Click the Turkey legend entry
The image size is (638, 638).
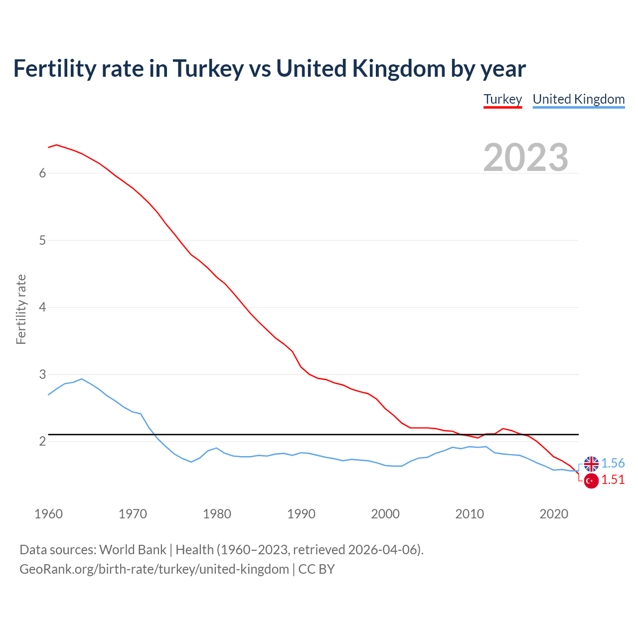pos(502,99)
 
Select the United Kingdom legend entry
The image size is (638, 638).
pos(578,99)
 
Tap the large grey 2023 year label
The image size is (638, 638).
pos(525,158)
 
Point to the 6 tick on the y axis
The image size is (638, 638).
pos(42,173)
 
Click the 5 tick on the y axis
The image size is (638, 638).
pos(42,240)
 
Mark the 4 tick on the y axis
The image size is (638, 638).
pos(42,307)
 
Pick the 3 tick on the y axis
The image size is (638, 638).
pos(42,374)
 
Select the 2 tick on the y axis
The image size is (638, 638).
pos(42,441)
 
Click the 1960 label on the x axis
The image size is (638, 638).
pos(48,514)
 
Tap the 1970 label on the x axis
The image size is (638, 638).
pos(133,514)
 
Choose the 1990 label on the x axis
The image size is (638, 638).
pos(301,514)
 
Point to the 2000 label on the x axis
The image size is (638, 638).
pos(385,514)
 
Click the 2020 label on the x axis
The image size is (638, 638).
pos(554,514)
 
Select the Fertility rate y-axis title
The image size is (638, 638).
pos(21,309)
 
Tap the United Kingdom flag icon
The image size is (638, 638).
pos(591,464)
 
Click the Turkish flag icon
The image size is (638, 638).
pos(591,481)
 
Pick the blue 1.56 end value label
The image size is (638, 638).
pos(613,463)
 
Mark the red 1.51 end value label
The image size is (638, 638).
pos(613,479)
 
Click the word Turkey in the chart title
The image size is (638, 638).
pos(208,69)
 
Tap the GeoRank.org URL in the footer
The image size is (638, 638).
pos(154,569)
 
